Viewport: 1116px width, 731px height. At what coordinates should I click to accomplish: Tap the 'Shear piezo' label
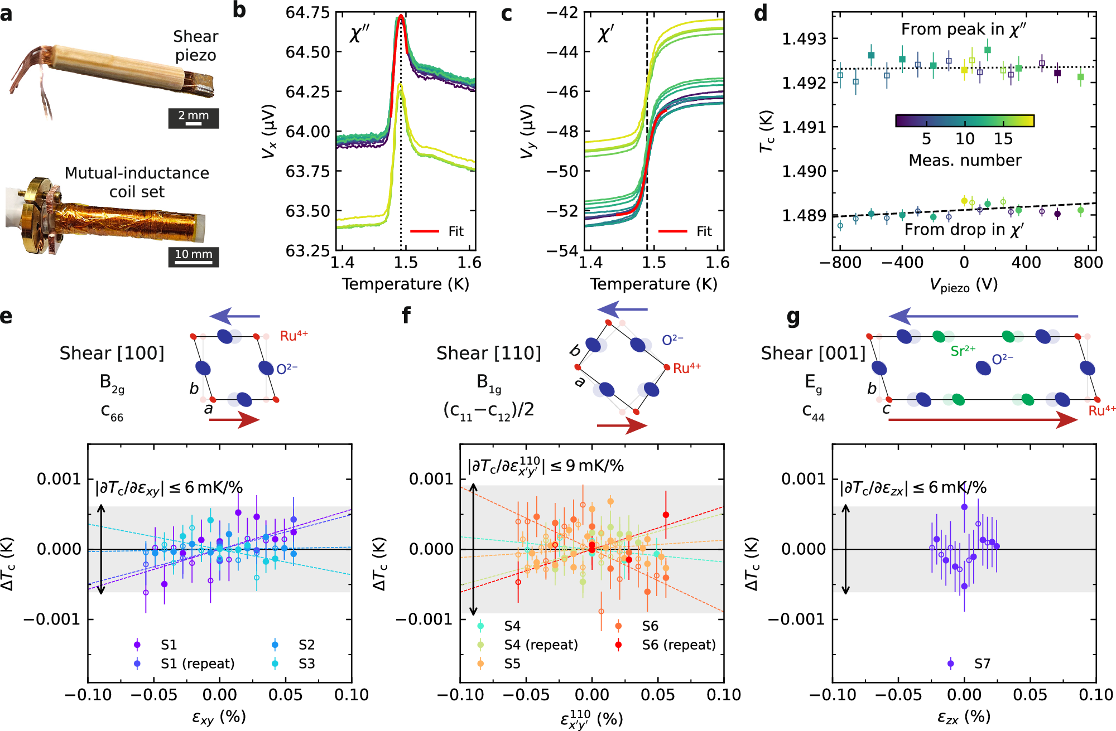[x=195, y=46]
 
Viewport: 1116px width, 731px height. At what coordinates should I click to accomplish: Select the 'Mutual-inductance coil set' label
[x=137, y=182]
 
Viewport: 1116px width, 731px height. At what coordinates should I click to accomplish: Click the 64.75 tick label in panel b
[x=307, y=12]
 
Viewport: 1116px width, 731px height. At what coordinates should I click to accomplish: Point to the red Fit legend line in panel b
[x=424, y=231]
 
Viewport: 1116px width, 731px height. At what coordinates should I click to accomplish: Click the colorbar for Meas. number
[x=964, y=120]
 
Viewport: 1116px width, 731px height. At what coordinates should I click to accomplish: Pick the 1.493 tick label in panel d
[x=804, y=38]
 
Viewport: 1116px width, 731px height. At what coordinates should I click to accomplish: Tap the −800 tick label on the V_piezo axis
[x=840, y=263]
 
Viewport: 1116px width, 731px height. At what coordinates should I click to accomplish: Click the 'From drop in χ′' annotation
[x=964, y=230]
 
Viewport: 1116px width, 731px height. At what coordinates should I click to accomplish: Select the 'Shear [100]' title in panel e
[x=112, y=353]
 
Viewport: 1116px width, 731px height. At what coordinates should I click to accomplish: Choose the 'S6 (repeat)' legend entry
[x=679, y=645]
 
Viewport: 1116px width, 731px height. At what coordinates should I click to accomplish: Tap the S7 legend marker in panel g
[x=951, y=664]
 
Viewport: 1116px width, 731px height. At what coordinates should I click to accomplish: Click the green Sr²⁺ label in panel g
[x=963, y=351]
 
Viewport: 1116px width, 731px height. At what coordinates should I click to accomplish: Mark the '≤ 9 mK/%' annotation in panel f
[x=586, y=466]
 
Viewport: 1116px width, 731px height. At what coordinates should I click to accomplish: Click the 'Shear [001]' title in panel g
[x=813, y=353]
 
